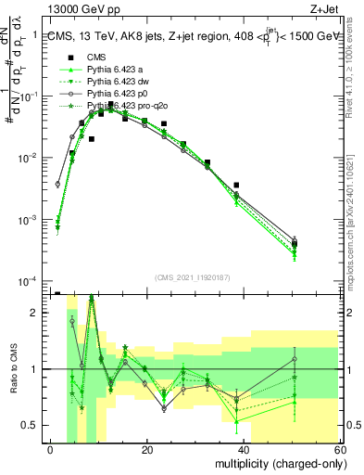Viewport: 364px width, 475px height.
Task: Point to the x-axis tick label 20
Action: tap(147, 449)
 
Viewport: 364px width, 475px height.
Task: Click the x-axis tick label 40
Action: tap(245, 449)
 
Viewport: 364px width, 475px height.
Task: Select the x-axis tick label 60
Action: tap(341, 449)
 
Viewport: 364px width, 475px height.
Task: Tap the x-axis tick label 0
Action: tap(51, 449)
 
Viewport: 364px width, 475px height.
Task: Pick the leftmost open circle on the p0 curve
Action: tap(57, 184)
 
